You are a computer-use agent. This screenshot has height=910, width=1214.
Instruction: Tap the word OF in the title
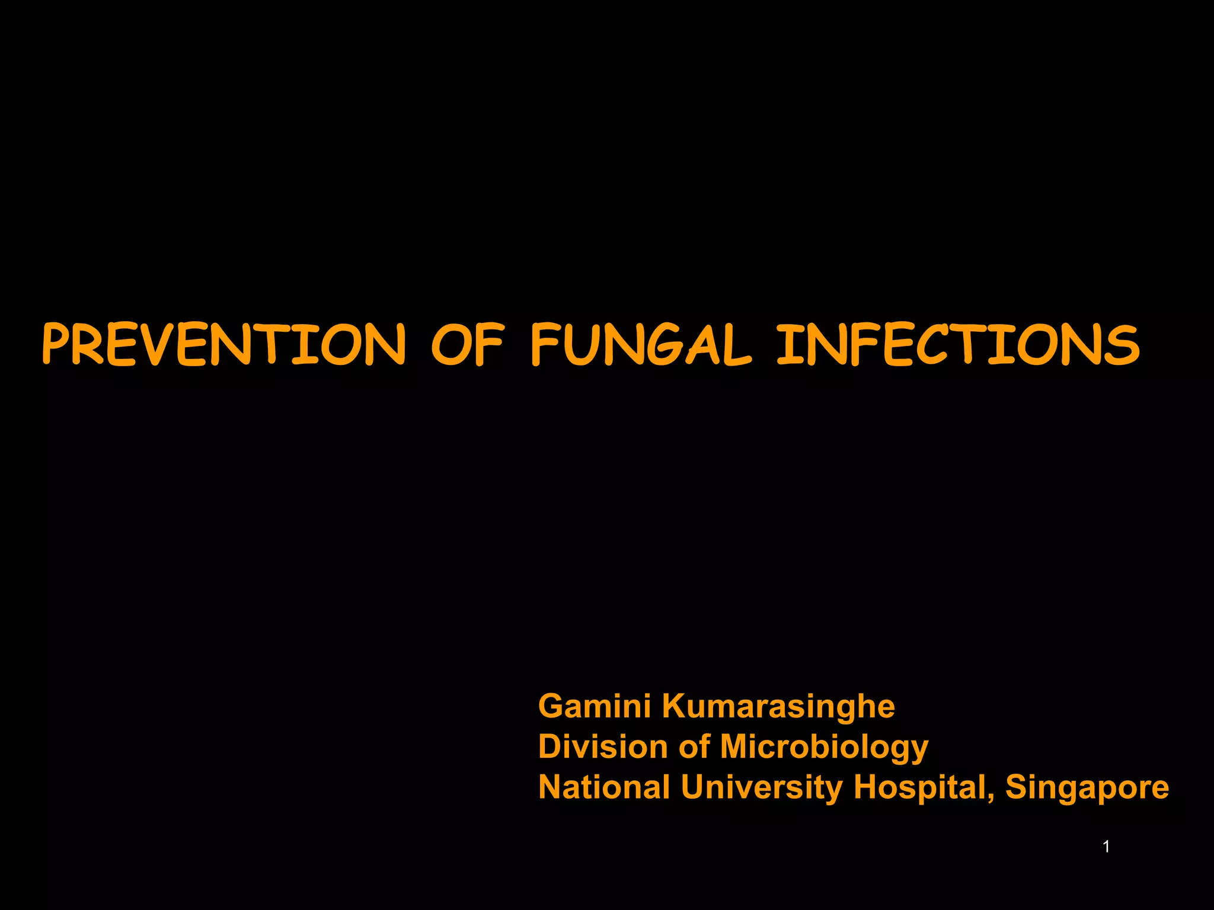pos(467,344)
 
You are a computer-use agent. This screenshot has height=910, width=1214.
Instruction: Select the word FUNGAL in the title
pos(641,344)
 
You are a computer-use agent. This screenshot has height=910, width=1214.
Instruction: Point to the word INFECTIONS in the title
pos(958,344)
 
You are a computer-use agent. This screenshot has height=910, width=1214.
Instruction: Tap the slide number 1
pos(1106,847)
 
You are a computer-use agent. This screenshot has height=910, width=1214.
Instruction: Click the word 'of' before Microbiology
pos(694,746)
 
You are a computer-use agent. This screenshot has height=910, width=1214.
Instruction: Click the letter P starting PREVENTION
pos(57,344)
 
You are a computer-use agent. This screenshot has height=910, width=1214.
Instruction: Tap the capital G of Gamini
pos(552,706)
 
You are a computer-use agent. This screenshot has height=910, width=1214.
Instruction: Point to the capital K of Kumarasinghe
pos(675,706)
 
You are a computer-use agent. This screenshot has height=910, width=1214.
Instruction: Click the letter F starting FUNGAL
pos(544,344)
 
